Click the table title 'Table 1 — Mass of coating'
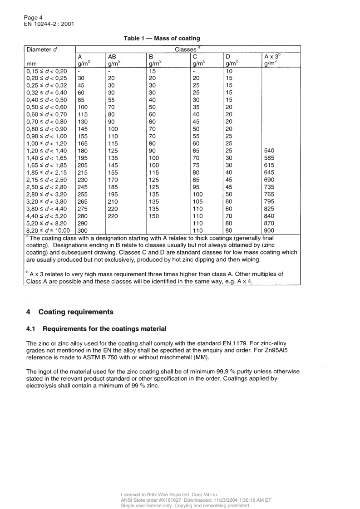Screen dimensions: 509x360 click(162, 39)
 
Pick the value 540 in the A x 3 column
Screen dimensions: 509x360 click(269, 150)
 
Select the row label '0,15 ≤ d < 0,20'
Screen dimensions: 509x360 click(47, 71)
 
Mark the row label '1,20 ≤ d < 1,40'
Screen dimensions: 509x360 click(47, 150)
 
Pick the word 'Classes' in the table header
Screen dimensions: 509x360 click(185, 49)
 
